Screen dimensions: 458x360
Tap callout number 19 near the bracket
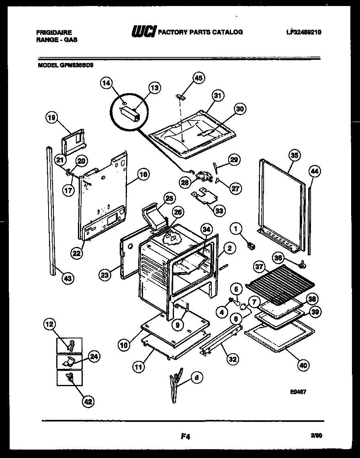click(51, 118)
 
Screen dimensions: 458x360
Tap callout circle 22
click(77, 253)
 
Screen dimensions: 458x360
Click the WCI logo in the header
click(143, 32)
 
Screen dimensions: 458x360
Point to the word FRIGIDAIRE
click(54, 32)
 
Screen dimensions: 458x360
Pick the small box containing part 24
click(69, 361)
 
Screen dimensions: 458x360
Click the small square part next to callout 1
click(252, 245)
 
